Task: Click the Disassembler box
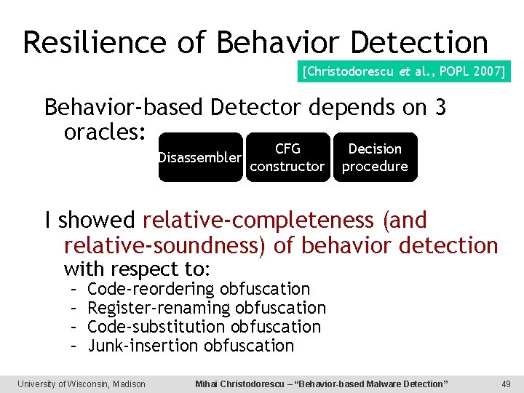tap(200, 157)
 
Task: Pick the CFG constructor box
tap(287, 157)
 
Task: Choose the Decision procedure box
tap(375, 157)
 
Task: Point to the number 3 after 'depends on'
tap(440, 108)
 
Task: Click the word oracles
tap(106, 133)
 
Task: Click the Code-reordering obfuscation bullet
tap(198, 289)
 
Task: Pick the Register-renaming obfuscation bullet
tap(206, 308)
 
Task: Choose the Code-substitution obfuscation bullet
tap(204, 327)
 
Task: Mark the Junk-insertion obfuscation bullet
tap(191, 346)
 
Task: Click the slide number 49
tap(507, 384)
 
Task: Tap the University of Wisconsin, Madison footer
tap(82, 384)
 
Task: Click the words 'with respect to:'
tap(137, 269)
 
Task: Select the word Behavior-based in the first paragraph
tap(124, 108)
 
